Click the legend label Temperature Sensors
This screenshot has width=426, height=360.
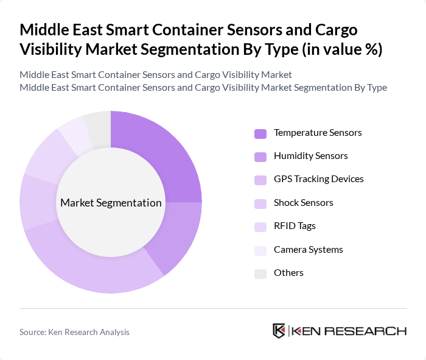coord(318,133)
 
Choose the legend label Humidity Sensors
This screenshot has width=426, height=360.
coord(311,156)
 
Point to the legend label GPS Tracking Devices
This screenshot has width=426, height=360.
coord(319,179)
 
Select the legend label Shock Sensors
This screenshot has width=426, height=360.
coord(304,203)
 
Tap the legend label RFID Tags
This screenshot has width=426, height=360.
coord(295,226)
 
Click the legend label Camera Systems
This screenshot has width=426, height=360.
coord(309,250)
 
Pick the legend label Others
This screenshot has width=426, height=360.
coord(288,273)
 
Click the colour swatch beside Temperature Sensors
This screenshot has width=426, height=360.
coord(260,133)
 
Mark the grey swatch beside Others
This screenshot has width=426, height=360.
coord(260,274)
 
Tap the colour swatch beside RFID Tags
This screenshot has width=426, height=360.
coord(260,227)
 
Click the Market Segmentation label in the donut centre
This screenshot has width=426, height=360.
coord(111,203)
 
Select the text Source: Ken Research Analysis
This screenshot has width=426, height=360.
coord(74,332)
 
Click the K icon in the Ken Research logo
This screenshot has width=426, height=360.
coord(279,331)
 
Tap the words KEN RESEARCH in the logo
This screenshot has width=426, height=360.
coord(349,331)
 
